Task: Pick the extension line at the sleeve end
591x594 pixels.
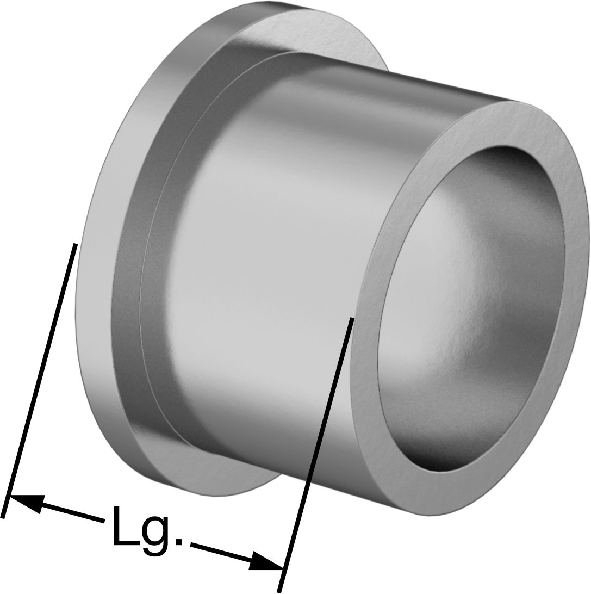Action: [x=315, y=455]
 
